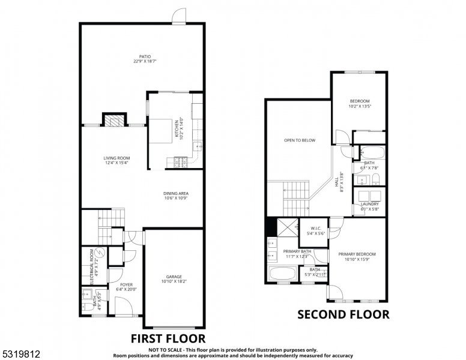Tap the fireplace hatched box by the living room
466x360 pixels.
114,120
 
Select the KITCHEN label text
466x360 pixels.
177,129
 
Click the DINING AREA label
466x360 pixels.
176,193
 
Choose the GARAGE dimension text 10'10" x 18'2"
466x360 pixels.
174,281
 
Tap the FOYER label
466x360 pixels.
126,284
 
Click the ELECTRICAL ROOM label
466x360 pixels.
92,266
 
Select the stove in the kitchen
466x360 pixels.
180,162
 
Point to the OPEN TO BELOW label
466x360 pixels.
300,140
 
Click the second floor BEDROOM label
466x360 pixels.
360,101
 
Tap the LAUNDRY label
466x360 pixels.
370,204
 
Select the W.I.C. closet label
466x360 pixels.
316,227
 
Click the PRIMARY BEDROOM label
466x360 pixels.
357,254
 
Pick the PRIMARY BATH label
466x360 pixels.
297,251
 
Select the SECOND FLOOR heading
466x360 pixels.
343,314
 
